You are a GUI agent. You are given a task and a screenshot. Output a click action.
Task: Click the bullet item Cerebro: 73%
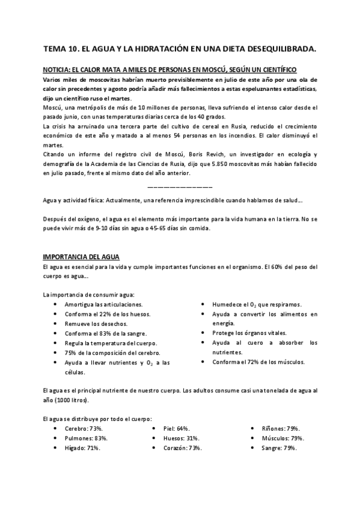coord(84,428)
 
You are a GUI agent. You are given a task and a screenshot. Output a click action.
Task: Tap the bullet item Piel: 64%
coord(176,428)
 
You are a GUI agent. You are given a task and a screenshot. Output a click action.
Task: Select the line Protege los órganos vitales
coord(249,333)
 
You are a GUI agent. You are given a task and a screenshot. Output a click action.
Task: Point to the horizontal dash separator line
coord(179,186)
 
